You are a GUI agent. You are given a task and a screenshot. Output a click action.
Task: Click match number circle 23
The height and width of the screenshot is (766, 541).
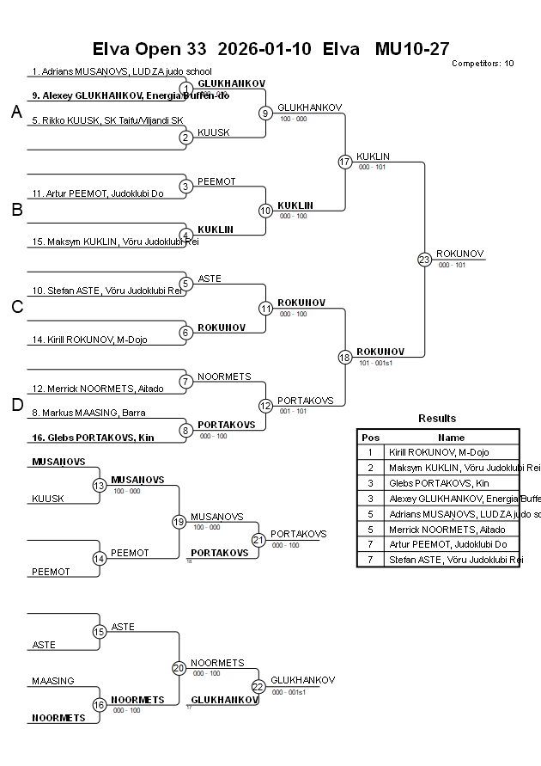click(424, 259)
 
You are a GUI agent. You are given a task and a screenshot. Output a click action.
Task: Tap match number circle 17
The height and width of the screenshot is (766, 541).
click(345, 162)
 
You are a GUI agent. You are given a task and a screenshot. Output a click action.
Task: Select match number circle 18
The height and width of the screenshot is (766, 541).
click(345, 357)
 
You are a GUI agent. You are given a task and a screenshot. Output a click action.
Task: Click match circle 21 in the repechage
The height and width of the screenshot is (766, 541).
click(258, 540)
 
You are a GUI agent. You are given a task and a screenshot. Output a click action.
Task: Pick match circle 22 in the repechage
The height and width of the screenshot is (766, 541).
click(258, 686)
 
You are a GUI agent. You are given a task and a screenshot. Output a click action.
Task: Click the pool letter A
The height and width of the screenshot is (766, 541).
click(16, 113)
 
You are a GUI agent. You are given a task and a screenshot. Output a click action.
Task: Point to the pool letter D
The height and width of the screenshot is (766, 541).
click(16, 405)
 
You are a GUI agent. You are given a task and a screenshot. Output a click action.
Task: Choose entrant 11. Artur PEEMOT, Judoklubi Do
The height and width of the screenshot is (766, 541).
click(98, 193)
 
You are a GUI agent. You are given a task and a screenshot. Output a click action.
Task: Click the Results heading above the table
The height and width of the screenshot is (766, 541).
click(437, 418)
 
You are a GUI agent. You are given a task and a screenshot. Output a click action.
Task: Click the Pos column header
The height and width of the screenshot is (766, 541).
click(370, 438)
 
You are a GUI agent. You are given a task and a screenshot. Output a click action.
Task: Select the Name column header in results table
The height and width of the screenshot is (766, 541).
click(451, 438)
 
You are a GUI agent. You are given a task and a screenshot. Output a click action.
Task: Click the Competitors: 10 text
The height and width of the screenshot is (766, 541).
click(483, 64)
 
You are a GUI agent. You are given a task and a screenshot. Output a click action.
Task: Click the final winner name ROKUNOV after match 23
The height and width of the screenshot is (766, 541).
click(460, 254)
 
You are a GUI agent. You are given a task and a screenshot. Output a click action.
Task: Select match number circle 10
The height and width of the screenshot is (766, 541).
click(266, 211)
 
